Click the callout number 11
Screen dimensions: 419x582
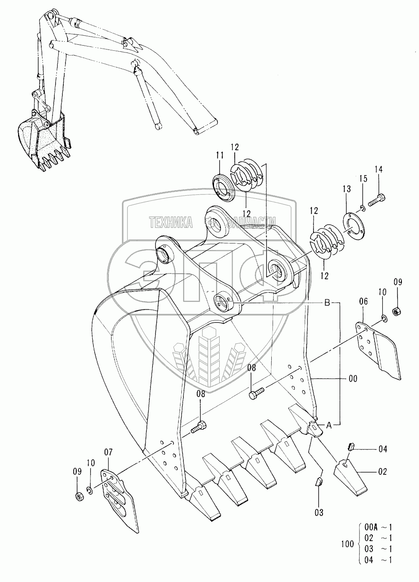tap(220, 156)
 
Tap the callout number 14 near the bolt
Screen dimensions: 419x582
tap(379, 169)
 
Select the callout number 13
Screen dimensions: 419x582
tap(347, 189)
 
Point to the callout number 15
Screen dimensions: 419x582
tap(363, 179)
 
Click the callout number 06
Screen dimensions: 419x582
tap(363, 302)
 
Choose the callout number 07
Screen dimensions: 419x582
tap(108, 452)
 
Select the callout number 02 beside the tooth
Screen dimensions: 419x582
tap(382, 471)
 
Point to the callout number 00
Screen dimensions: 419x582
tap(353, 379)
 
